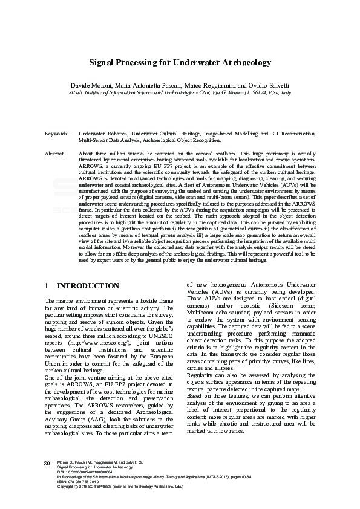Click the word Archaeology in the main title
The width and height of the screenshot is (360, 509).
coord(240,63)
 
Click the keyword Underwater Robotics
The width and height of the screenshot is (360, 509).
coord(103,132)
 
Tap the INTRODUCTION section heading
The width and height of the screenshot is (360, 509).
coord(87,285)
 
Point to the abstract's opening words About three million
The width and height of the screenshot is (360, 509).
coord(99,154)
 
